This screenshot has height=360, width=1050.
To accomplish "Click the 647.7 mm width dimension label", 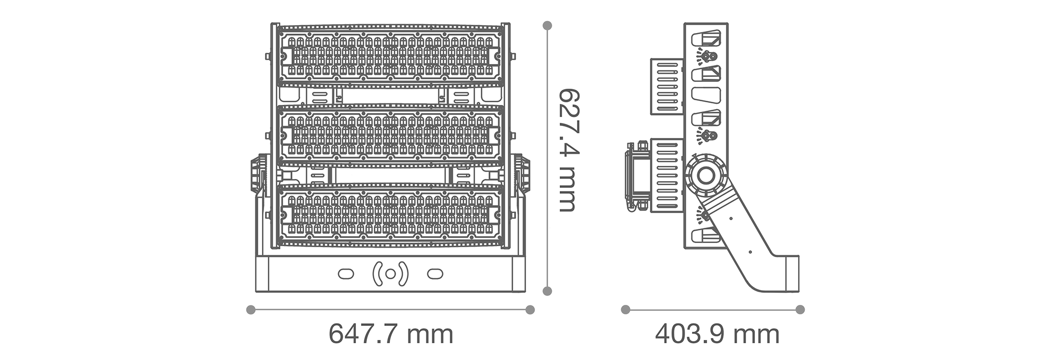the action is pyautogui.click(x=391, y=334).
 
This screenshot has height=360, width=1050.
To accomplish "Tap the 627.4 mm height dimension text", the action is pyautogui.click(x=568, y=150).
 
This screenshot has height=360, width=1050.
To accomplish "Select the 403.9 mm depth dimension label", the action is pyautogui.click(x=717, y=334).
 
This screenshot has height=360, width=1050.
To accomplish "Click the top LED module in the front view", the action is pyautogui.click(x=390, y=55).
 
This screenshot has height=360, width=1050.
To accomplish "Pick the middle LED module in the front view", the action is pyautogui.click(x=390, y=135).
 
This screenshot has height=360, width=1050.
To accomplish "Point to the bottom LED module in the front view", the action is pyautogui.click(x=390, y=215).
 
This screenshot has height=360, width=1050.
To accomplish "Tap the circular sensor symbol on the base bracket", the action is pyautogui.click(x=390, y=274).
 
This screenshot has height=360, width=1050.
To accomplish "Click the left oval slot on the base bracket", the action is pyautogui.click(x=345, y=274).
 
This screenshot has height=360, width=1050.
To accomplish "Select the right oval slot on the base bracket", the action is pyautogui.click(x=435, y=274).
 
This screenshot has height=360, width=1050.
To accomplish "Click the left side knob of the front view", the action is pyautogui.click(x=258, y=173).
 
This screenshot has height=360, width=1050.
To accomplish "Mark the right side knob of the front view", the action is pyautogui.click(x=521, y=173).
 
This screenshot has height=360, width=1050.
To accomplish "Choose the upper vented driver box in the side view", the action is pyautogui.click(x=667, y=86).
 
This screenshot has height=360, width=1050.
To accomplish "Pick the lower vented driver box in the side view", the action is pyautogui.click(x=667, y=175).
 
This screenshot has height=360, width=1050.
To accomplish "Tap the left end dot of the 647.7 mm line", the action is pyautogui.click(x=251, y=310).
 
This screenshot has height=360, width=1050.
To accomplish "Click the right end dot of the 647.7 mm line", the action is pyautogui.click(x=530, y=310).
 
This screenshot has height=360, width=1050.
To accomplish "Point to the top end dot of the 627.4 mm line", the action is pyautogui.click(x=547, y=25).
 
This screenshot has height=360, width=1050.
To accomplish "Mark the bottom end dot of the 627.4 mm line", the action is pyautogui.click(x=547, y=291).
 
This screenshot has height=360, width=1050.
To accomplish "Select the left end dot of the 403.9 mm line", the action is pyautogui.click(x=625, y=310).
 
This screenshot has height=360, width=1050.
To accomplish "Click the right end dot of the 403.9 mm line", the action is pyautogui.click(x=800, y=310).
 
